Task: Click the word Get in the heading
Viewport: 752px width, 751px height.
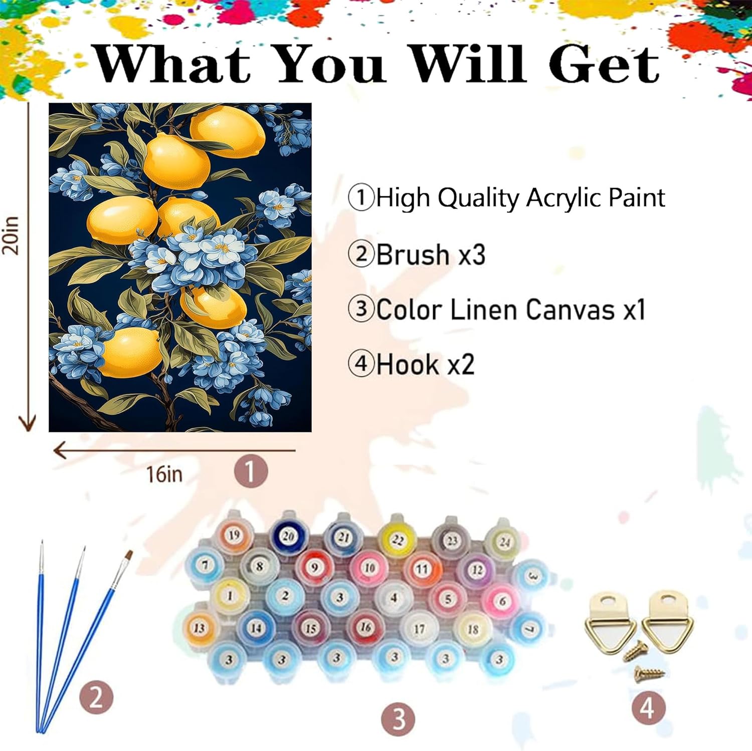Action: click(604, 65)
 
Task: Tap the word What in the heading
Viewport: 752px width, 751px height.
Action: click(172, 64)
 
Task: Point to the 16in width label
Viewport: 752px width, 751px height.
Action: click(164, 474)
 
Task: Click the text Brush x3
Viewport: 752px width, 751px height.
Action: click(431, 254)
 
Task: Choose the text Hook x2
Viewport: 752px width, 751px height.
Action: click(425, 364)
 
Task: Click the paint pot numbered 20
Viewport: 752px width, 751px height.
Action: click(288, 535)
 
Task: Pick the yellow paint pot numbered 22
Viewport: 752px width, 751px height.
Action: click(398, 539)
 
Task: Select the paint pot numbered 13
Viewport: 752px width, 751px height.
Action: click(199, 628)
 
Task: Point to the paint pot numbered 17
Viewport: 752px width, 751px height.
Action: click(419, 629)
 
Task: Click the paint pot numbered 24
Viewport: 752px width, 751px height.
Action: click(504, 541)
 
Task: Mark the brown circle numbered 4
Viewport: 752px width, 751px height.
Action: click(647, 708)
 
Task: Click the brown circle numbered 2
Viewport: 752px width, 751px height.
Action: click(96, 697)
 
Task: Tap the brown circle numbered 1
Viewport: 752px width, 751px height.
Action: click(251, 470)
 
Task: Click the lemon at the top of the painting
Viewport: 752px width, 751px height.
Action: click(228, 132)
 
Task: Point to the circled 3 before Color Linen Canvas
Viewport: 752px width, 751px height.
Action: click(361, 309)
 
